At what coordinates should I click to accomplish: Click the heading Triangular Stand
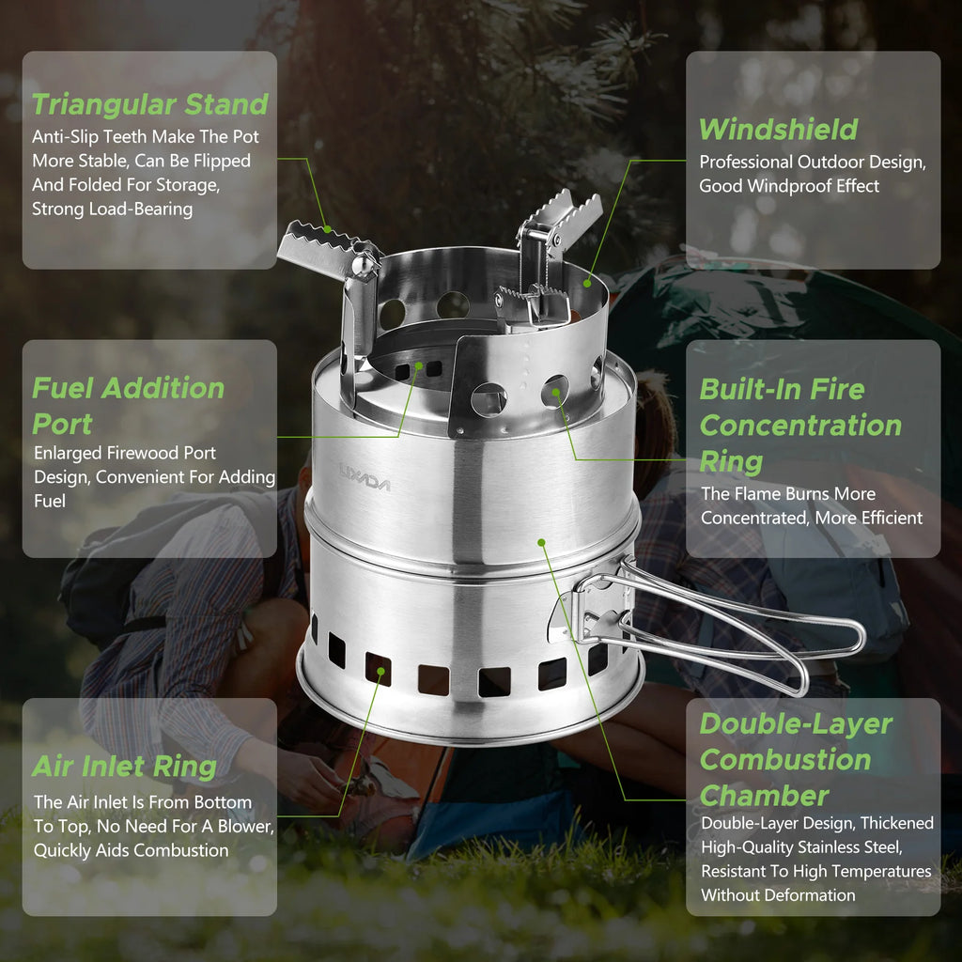click(x=150, y=103)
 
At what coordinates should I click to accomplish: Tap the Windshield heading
click(x=778, y=129)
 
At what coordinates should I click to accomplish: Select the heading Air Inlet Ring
click(x=124, y=766)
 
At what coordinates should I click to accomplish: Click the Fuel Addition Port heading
click(x=128, y=405)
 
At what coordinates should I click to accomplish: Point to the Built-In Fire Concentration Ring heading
click(x=799, y=425)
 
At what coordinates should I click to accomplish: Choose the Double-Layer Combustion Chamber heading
click(x=795, y=759)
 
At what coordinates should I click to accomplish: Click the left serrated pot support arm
click(x=324, y=250)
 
